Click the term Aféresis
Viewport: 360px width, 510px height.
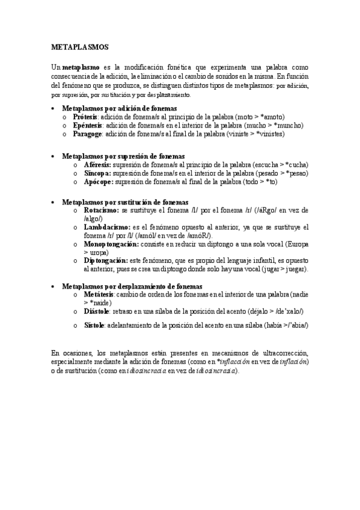coord(97,164)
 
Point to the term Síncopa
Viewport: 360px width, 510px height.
coord(97,173)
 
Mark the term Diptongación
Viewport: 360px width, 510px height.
coord(106,260)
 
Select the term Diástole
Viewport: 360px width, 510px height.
coord(97,311)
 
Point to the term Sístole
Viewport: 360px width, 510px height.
coord(95,325)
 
